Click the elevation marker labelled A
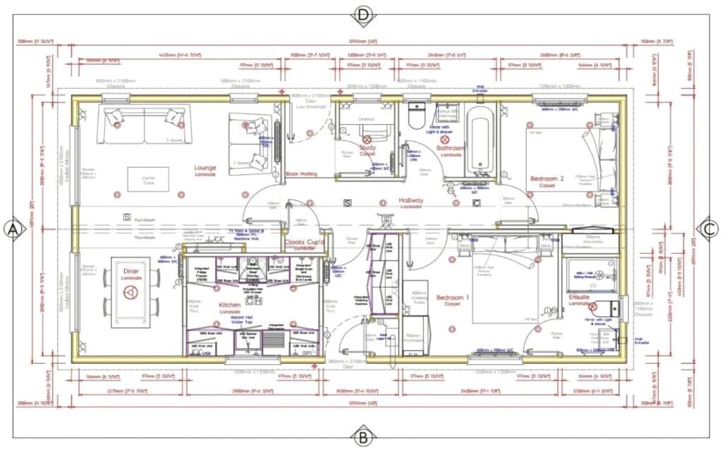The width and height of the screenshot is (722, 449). pyautogui.click(x=13, y=229)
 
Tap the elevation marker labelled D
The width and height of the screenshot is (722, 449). pyautogui.click(x=363, y=14)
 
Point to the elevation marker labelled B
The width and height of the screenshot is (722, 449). pyautogui.click(x=363, y=436)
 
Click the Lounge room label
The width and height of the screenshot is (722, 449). pyautogui.click(x=205, y=168)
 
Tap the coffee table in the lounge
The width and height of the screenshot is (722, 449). pyautogui.click(x=148, y=178)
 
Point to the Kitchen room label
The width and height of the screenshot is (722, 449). pyautogui.click(x=230, y=305)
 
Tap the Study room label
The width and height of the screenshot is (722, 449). pyautogui.click(x=367, y=148)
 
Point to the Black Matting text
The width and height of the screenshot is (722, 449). pyautogui.click(x=301, y=173)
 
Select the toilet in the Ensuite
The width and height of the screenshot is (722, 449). pyautogui.click(x=611, y=308)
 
